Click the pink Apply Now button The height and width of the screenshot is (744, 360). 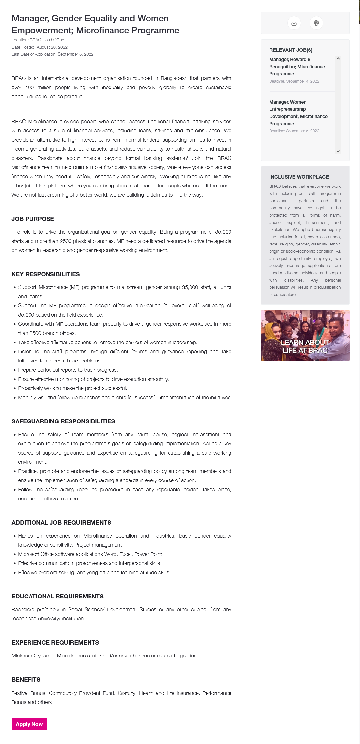[29, 724]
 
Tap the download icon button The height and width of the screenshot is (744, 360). [294, 23]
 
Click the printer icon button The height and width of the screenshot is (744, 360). [316, 23]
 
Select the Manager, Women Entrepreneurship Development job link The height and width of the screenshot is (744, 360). [298, 113]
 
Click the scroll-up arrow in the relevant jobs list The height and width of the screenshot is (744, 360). [338, 58]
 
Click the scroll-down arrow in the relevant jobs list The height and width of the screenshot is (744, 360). [338, 151]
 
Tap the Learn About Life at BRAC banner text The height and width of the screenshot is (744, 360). [305, 346]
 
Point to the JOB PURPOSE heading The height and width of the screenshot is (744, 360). [33, 219]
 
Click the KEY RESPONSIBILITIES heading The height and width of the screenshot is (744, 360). [46, 274]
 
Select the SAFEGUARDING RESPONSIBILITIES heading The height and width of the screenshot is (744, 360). [63, 421]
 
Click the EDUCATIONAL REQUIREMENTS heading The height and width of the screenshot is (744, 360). [57, 597]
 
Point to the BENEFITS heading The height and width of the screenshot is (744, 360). [26, 680]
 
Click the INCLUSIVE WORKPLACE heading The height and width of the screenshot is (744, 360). [299, 177]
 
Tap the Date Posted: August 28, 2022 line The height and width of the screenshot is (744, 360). [39, 47]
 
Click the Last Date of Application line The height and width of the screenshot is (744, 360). [52, 54]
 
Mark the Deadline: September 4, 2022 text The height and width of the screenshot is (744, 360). [294, 81]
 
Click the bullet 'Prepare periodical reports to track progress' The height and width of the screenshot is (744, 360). [68, 370]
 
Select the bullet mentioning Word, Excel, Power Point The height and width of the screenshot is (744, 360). [90, 554]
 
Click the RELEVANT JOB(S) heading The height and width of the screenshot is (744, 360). [290, 50]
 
